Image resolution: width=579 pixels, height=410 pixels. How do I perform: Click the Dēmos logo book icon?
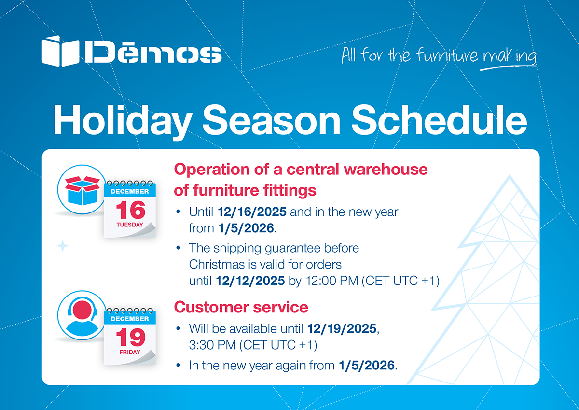(60, 51)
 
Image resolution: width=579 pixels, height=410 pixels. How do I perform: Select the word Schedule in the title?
(439, 120)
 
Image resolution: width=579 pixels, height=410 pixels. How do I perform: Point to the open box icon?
(82, 191)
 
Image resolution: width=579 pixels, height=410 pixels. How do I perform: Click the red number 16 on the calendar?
(131, 210)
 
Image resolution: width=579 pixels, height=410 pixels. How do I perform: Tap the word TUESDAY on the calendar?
(130, 225)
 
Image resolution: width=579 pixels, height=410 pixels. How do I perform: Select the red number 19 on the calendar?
(131, 337)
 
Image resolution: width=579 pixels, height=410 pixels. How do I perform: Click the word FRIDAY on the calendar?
(130, 352)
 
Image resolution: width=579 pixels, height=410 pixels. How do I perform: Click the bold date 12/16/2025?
(252, 212)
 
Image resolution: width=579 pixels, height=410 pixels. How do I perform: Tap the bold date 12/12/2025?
(250, 281)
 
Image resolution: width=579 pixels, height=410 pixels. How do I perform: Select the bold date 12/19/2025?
(342, 329)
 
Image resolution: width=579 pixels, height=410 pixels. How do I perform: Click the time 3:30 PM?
(212, 345)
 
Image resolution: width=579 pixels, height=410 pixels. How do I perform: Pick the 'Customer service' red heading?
(241, 307)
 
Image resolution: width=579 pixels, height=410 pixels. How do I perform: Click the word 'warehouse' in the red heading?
(386, 170)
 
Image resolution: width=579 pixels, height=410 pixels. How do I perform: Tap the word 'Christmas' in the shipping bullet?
(217, 264)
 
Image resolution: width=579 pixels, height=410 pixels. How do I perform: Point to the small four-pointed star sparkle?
(63, 246)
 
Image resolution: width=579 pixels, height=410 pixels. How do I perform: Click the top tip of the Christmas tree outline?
(510, 175)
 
